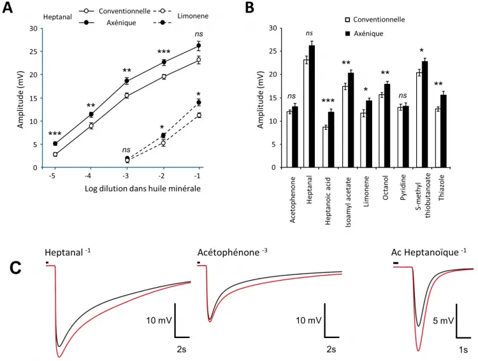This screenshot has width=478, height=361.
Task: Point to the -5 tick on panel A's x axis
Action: point(55,176)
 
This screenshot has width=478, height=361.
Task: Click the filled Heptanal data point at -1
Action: point(199,45)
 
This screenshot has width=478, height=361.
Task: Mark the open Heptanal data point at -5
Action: point(55,154)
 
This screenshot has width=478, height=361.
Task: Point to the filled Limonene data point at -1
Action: point(199,103)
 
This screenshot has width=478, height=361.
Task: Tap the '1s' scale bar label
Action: point(463,350)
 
